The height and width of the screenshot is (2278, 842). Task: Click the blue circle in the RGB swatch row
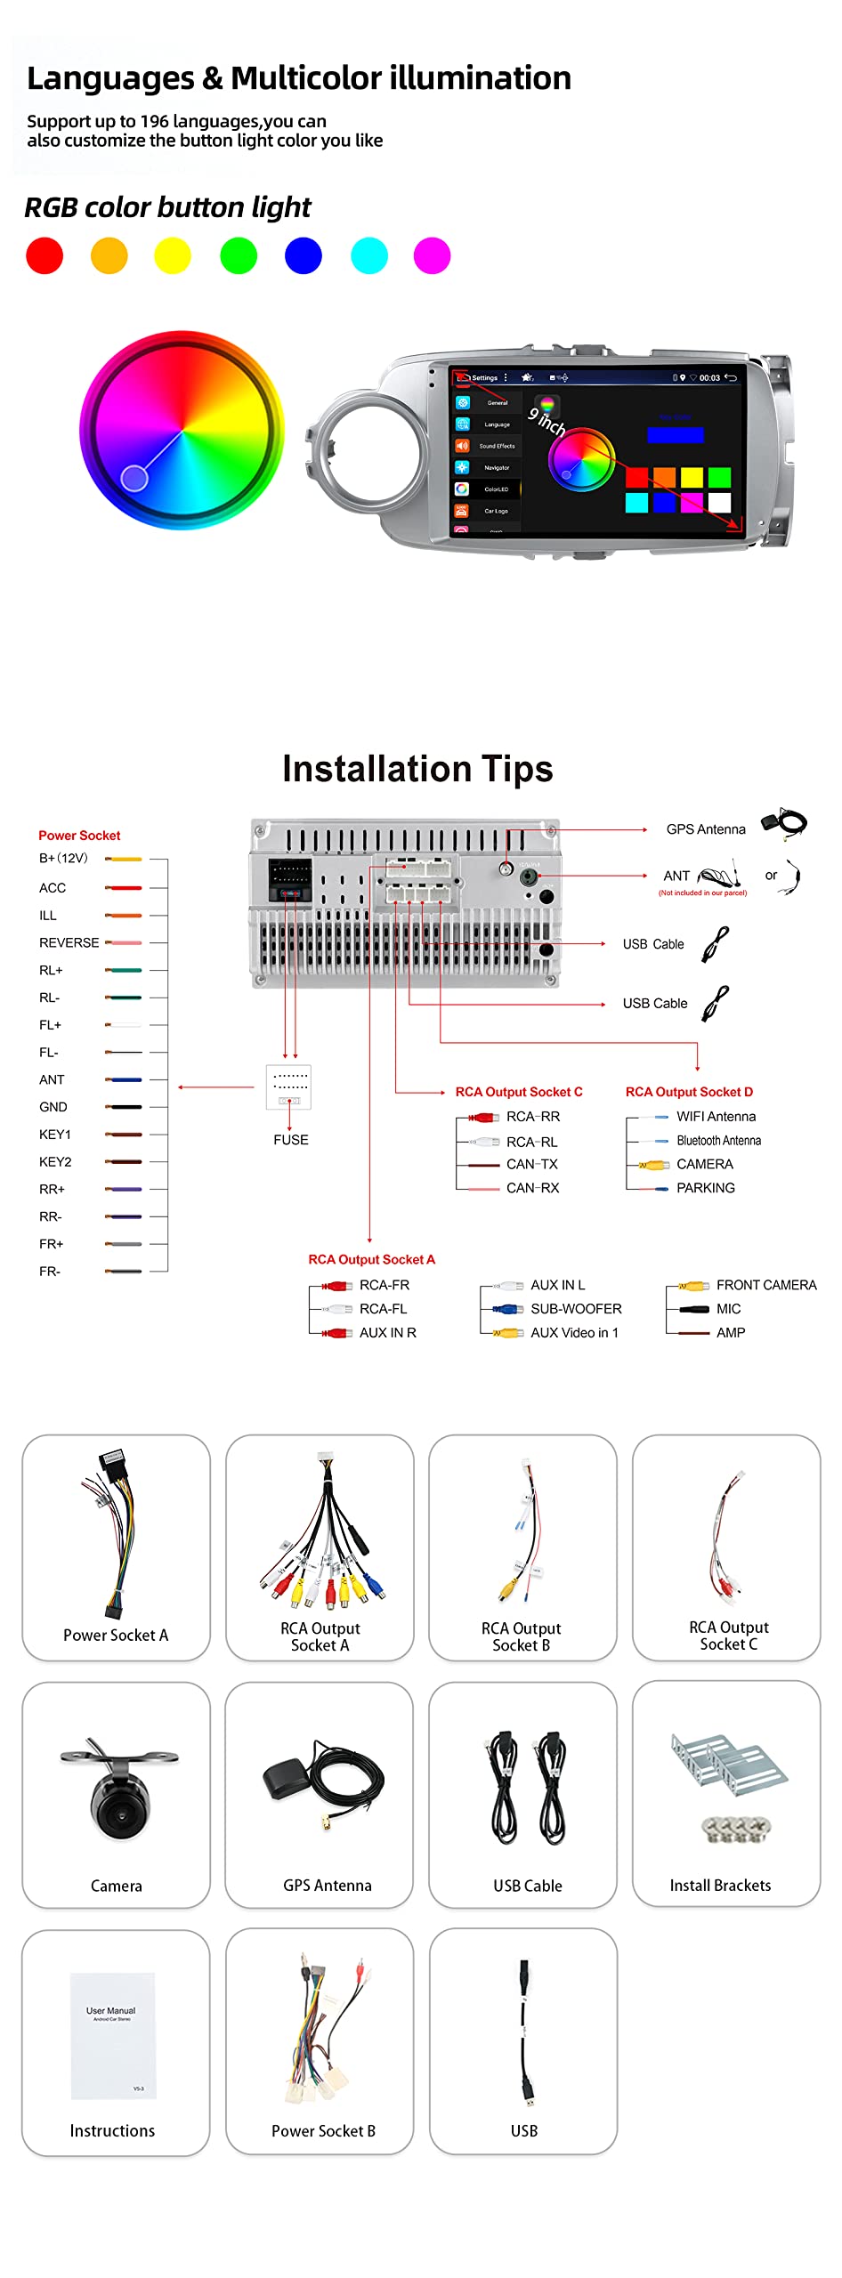(x=303, y=256)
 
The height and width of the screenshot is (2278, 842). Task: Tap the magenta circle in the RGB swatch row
(x=432, y=256)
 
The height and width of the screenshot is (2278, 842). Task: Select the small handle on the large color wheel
(x=134, y=478)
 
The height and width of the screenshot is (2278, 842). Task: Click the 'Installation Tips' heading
(x=417, y=769)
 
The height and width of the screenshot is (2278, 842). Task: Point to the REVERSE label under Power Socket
(x=69, y=942)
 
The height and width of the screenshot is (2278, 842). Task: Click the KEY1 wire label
(x=54, y=1135)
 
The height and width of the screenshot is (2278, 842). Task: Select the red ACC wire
(x=124, y=888)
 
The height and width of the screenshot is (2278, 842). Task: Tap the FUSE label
(x=291, y=1140)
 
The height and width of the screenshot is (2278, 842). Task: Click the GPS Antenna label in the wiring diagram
(x=706, y=829)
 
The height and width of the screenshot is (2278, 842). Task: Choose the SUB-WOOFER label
(x=576, y=1309)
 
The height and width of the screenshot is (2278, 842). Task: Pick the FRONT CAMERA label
(x=765, y=1285)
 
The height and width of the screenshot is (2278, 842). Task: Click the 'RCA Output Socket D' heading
(x=689, y=1092)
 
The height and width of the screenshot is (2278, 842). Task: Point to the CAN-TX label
(x=532, y=1164)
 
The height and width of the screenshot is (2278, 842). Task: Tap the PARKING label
(x=705, y=1188)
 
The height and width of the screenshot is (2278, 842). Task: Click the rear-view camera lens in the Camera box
(x=117, y=1804)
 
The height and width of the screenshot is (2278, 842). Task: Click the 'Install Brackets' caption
(x=720, y=1886)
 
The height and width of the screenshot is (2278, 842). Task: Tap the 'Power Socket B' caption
(x=323, y=2131)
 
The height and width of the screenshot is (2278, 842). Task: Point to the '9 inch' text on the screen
(x=546, y=420)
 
